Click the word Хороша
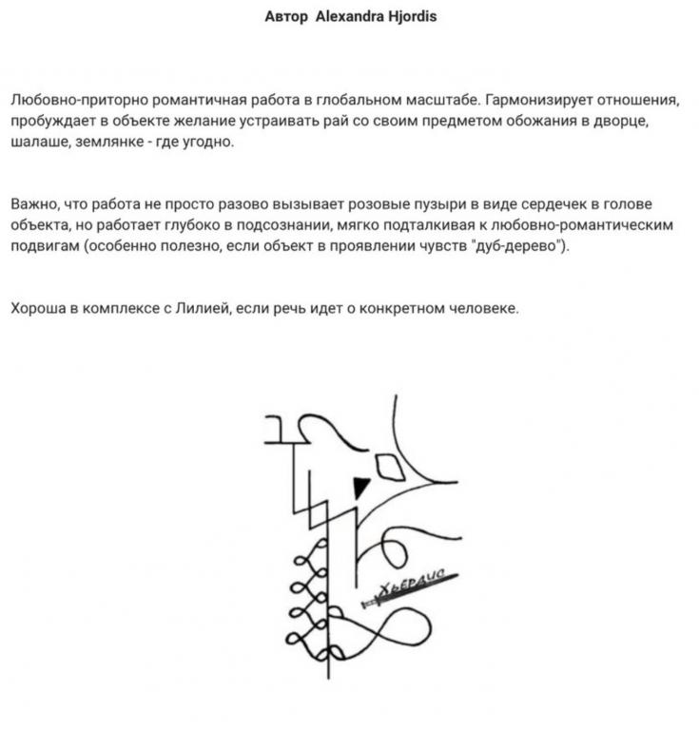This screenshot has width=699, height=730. (39, 310)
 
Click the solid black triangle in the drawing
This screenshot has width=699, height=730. (359, 488)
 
